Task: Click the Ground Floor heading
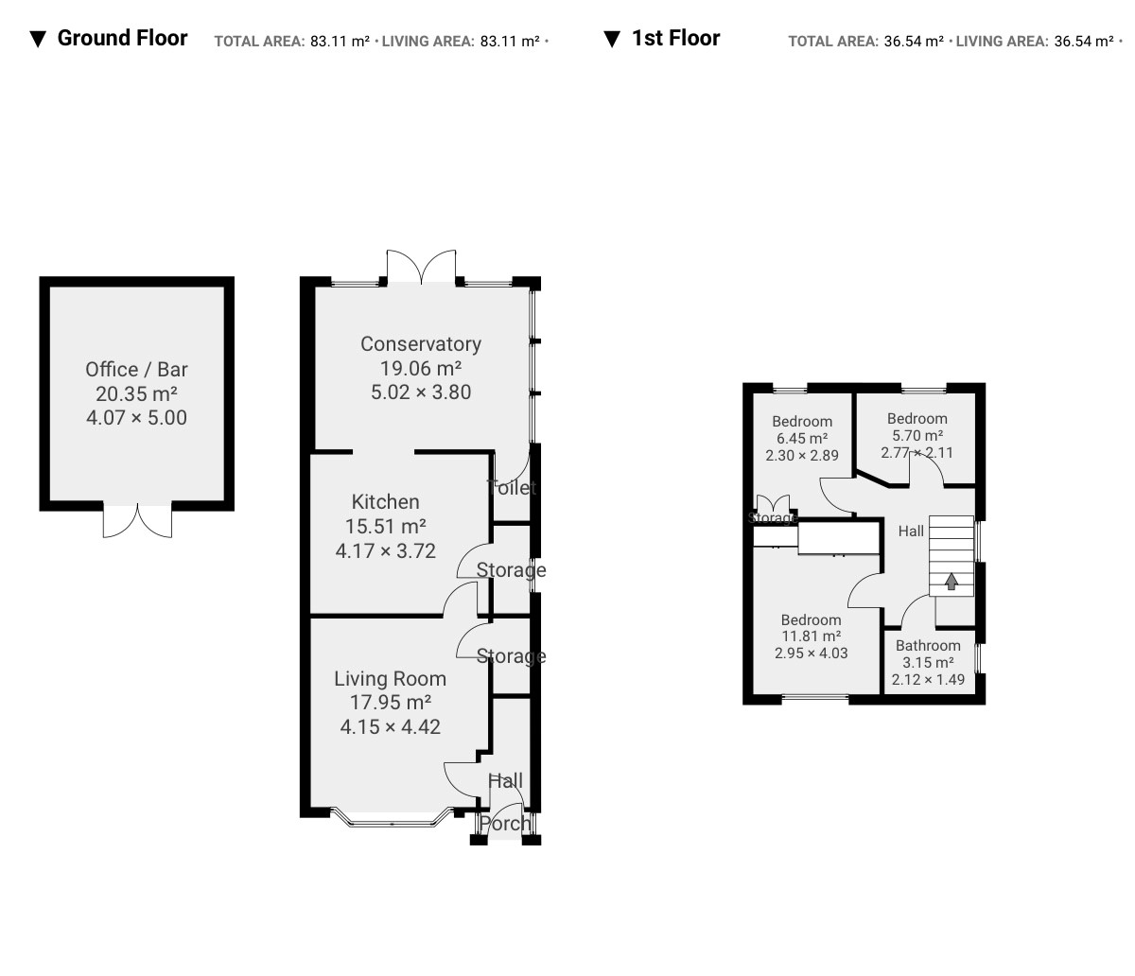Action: tap(122, 39)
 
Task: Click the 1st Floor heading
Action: tap(675, 39)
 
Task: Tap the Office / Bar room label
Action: tap(137, 370)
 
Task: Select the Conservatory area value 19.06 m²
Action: tap(421, 368)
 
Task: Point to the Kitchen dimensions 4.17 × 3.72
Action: tap(386, 550)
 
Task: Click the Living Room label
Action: tap(391, 679)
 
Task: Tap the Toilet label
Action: tap(511, 487)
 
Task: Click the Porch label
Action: tap(505, 824)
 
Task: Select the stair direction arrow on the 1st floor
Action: tap(952, 582)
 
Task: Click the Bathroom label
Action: tap(928, 646)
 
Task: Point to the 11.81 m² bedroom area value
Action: tap(811, 636)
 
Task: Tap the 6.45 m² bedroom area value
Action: tap(802, 439)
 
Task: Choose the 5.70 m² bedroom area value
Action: tap(917, 436)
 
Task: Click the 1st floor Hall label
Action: tap(911, 531)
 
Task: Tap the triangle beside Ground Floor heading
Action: tap(38, 40)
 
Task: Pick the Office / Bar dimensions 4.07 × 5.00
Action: tap(137, 418)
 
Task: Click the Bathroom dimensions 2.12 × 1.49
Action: tap(928, 680)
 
